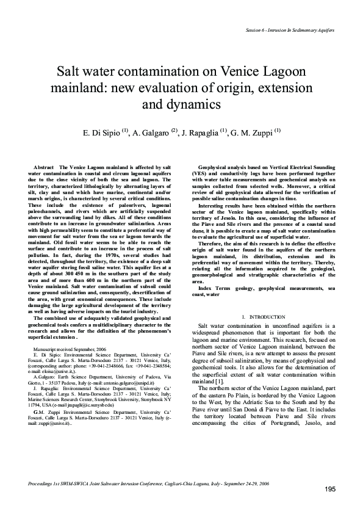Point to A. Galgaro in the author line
pos(152,131)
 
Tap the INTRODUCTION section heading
pos(267,317)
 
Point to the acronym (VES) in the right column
pos(200,173)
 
